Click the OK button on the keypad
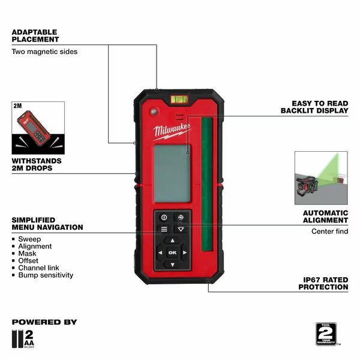coord(172,253)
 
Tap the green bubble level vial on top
coord(178,95)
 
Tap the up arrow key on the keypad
coord(172,241)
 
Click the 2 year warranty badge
coord(326,334)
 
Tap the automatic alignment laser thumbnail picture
coord(320,178)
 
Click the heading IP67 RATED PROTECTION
coord(323,283)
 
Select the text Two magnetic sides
coord(44,52)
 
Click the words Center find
coord(329,232)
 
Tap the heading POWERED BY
coord(44,322)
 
